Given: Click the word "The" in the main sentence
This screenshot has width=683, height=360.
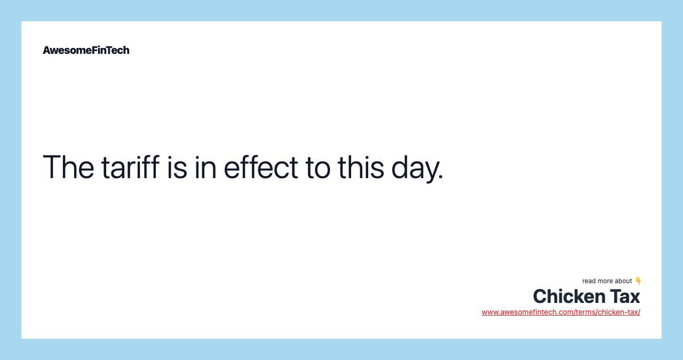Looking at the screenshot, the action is point(68,167).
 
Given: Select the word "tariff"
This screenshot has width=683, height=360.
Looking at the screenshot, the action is point(131,166).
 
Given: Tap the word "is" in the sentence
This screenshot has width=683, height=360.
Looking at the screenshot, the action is point(177,167).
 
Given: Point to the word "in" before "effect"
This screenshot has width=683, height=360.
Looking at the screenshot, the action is point(205,167).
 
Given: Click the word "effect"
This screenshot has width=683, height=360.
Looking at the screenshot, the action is point(261,166).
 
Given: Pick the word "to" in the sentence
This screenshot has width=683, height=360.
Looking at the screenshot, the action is point(318,167).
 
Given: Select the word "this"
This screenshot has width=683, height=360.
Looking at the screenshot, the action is point(361,167).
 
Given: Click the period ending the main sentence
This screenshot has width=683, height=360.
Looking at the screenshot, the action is point(441,177).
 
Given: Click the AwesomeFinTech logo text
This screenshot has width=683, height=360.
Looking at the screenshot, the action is point(86,50).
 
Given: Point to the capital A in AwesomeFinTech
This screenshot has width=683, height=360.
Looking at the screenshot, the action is point(46,50).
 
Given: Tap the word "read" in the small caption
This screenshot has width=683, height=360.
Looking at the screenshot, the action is point(589,281).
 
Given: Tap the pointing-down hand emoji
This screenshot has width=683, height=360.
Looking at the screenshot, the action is point(638,281).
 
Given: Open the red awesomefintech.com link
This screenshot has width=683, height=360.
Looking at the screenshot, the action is point(561,312).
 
